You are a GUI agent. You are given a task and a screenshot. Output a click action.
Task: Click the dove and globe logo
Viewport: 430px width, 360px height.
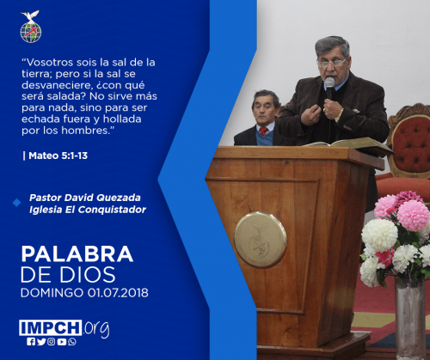tap(31, 27)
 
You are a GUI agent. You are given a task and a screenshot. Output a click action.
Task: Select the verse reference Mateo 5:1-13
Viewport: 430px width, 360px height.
tap(58, 156)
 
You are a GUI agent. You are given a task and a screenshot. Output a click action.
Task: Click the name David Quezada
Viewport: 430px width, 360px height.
tap(102, 198)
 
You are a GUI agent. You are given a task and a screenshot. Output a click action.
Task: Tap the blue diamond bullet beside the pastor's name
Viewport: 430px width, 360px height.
tap(17, 203)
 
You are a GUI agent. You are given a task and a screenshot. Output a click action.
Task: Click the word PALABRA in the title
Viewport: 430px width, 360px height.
tap(77, 254)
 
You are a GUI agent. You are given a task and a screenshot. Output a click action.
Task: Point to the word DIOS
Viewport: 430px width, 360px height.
tap(88, 275)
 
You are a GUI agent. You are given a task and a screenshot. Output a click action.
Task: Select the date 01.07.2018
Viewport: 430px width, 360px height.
tap(118, 293)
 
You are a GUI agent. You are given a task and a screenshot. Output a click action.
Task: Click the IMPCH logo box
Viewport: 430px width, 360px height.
tap(51, 327)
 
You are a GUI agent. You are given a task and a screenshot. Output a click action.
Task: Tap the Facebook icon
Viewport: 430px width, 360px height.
tap(31, 342)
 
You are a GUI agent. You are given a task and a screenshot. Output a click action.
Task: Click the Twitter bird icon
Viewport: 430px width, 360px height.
tap(41, 342)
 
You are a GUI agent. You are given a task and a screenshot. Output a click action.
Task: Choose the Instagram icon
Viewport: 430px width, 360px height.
tap(52, 342)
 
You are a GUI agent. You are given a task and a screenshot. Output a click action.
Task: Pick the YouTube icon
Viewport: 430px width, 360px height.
tap(62, 342)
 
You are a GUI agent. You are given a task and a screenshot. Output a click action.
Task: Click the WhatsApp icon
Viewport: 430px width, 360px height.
tap(72, 342)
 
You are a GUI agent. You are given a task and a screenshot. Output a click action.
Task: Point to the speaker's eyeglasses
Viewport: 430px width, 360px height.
tap(331, 63)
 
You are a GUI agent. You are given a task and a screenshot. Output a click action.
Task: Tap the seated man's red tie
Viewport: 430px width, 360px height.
tap(263, 131)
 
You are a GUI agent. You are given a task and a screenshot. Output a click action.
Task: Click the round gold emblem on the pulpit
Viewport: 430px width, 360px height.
tap(261, 240)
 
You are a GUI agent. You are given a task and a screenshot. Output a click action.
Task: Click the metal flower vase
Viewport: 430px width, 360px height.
tap(410, 318)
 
